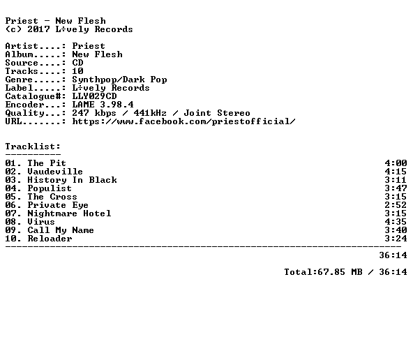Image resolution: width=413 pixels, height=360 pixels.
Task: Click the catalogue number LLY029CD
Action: coord(94,96)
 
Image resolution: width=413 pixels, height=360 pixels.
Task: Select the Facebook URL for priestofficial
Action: coord(184,121)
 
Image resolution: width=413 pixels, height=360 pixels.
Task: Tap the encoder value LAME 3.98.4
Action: coord(103,105)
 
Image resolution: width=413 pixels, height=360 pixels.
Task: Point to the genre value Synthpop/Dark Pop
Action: coord(119,80)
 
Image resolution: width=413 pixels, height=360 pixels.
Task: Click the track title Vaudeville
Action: coord(55,172)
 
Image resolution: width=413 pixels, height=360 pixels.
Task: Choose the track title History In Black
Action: coord(72,180)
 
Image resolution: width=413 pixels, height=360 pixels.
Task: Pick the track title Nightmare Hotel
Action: coord(69,213)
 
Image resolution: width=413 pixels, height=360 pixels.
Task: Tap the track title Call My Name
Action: coord(61,230)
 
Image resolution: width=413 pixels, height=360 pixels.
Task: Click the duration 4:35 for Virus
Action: coord(396,222)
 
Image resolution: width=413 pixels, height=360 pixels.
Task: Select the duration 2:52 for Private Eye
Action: coord(396,205)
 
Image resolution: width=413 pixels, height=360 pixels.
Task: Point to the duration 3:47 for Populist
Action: coord(396,188)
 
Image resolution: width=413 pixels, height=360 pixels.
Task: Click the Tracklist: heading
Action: coord(33,147)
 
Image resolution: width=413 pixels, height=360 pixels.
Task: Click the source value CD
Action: coord(77,63)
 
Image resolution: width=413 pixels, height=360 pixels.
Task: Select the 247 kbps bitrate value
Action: coord(94,113)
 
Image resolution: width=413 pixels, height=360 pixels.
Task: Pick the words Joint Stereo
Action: coord(217,113)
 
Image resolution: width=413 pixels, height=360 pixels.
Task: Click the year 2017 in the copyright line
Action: coord(38,29)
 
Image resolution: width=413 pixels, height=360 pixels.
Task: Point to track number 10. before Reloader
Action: coord(13,239)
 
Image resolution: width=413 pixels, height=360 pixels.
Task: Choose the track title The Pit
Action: coord(47,163)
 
